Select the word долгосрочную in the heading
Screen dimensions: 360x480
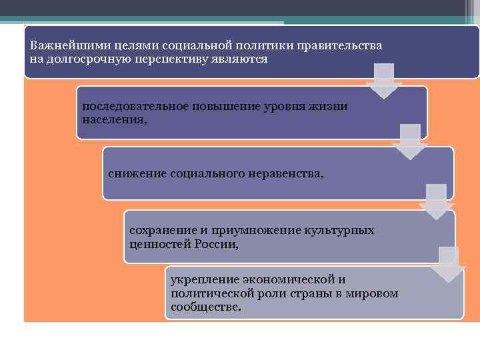coord(83,59)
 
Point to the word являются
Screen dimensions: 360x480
coord(242,59)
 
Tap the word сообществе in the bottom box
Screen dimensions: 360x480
coord(205,307)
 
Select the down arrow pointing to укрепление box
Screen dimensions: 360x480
coord(448,265)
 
